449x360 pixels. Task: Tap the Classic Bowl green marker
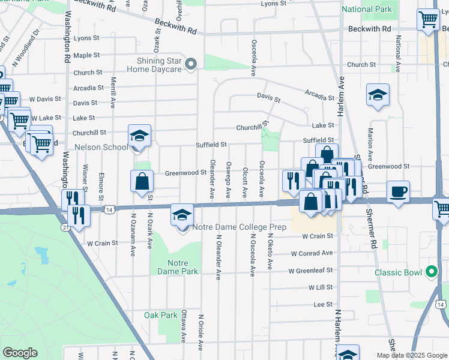tap(431, 272)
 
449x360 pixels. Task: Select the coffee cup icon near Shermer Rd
tap(398, 193)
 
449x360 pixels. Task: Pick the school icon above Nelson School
tap(139, 136)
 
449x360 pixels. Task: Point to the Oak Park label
tap(161, 315)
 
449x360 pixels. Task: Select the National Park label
tap(367, 10)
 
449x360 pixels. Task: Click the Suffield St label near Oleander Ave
tap(211, 145)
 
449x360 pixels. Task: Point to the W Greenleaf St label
tap(310, 271)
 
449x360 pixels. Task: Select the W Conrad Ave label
tap(312, 253)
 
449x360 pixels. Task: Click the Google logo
tap(20, 353)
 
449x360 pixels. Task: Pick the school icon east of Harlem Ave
tap(378, 95)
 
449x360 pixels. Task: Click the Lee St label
tap(323, 305)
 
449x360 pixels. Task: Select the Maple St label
tap(86, 55)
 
